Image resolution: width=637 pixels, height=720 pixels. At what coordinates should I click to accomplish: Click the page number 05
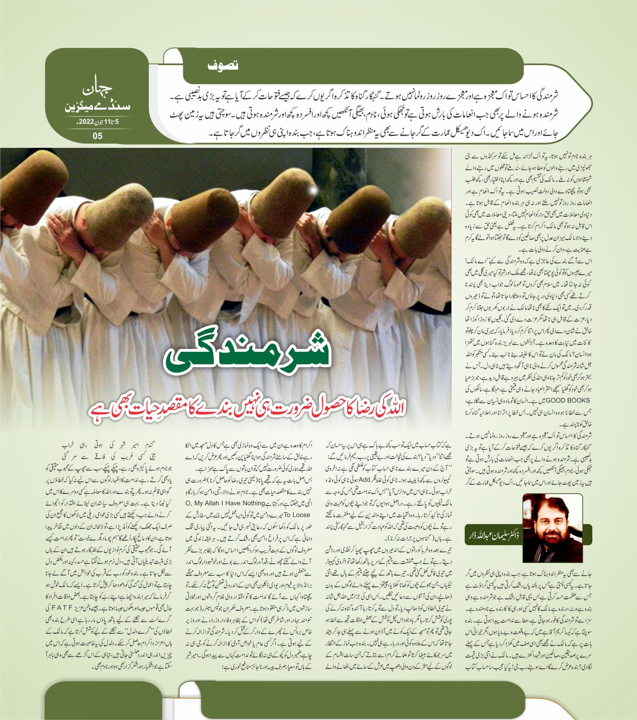(97, 135)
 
